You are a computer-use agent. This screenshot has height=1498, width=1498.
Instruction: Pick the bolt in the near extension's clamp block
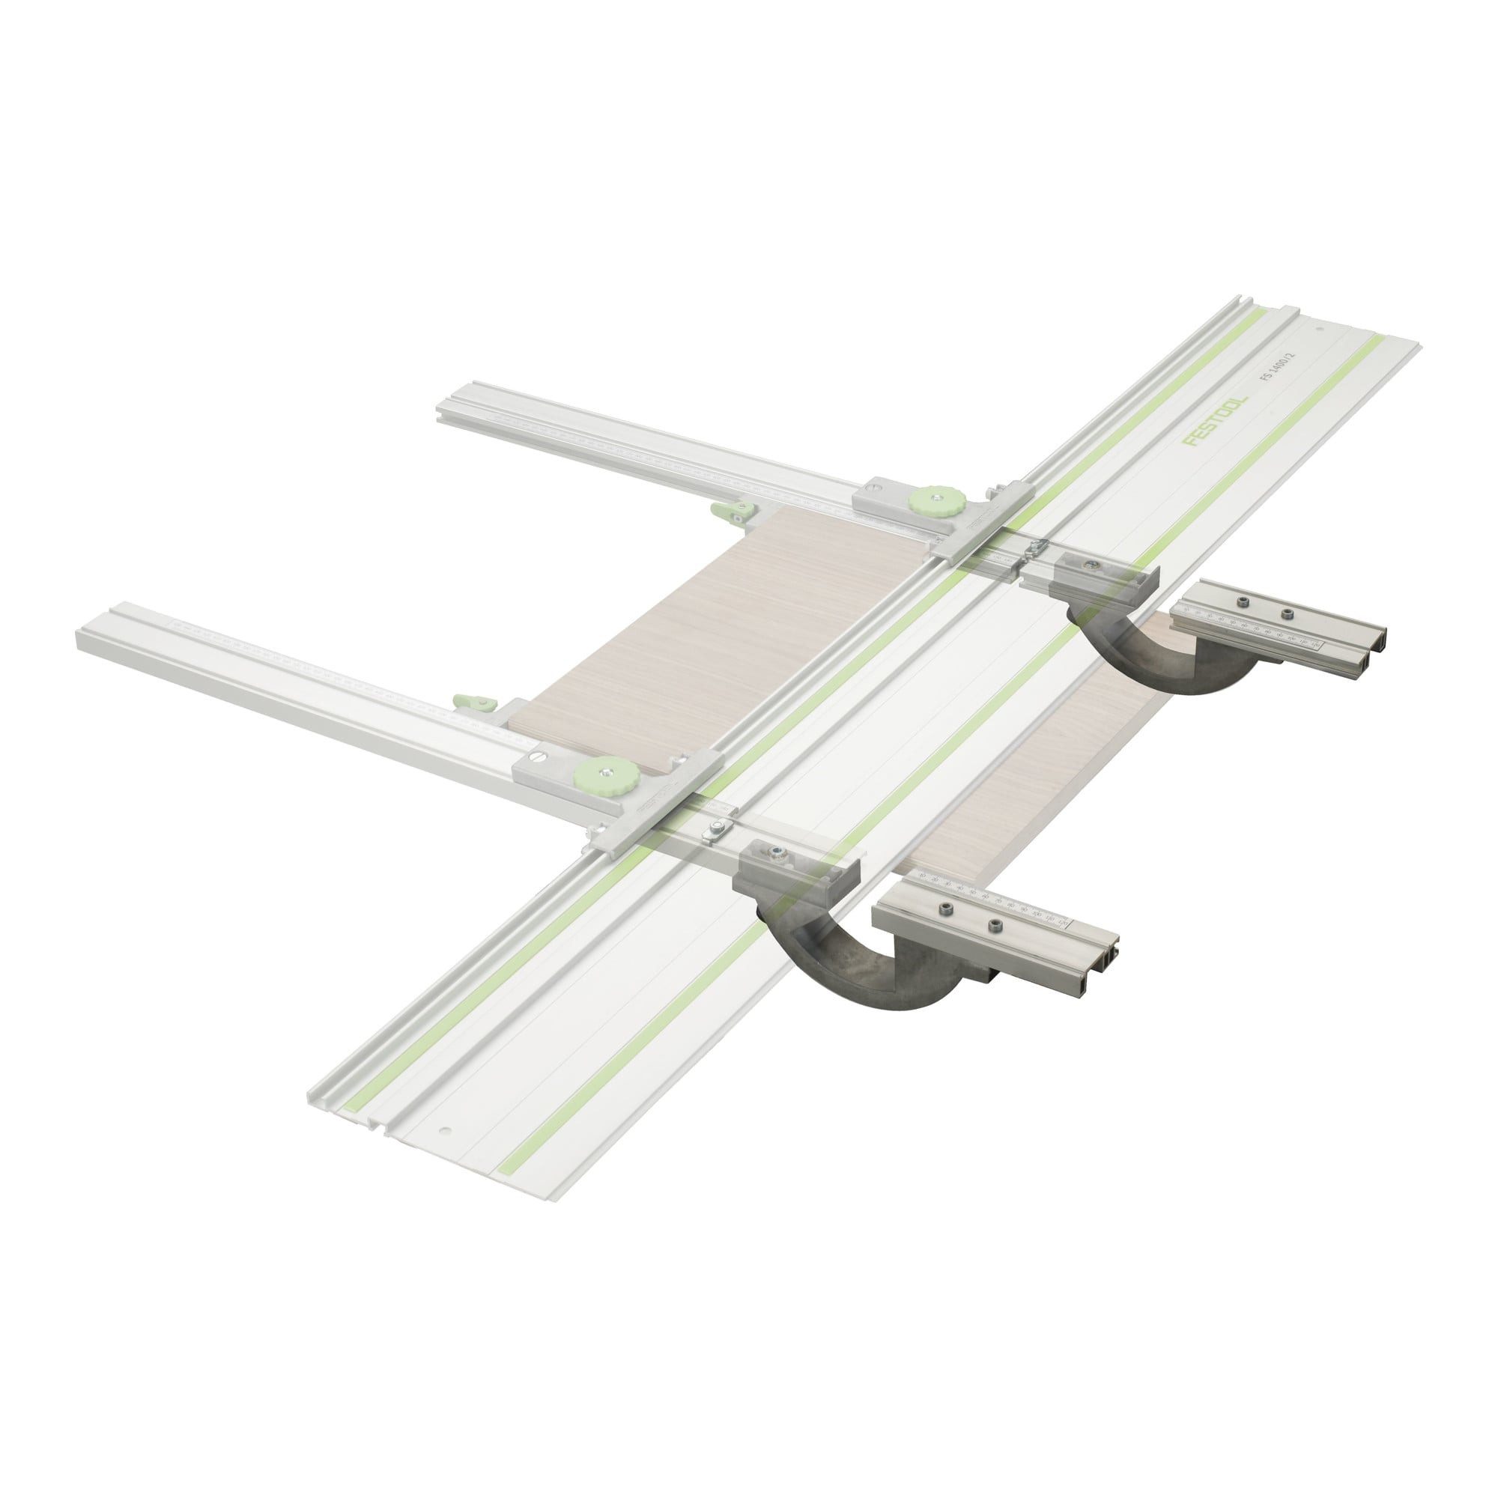pyautogui.click(x=774, y=854)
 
